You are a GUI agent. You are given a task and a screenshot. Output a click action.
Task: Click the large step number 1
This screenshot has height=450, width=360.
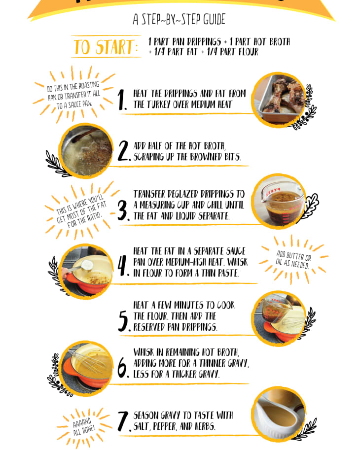pos(122,100)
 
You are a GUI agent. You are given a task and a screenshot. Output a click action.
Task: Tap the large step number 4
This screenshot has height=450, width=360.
pos(123,266)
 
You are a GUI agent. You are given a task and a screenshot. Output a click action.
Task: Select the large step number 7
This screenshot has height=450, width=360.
pos(124,421)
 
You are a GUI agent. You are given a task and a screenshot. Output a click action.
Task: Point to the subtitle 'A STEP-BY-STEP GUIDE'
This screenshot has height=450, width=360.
pos(179,19)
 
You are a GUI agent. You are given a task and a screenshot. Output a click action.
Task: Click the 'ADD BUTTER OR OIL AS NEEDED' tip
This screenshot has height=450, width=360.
pos(293,259)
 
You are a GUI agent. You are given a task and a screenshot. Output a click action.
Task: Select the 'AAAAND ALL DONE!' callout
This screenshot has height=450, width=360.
pos(83,427)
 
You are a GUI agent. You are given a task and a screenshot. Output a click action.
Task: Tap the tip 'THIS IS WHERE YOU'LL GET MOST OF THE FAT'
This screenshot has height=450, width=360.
pos(82,211)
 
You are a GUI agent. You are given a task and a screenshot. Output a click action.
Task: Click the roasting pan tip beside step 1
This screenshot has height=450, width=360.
pos(74,95)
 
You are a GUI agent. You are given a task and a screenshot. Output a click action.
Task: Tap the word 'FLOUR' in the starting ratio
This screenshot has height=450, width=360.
pos(249,52)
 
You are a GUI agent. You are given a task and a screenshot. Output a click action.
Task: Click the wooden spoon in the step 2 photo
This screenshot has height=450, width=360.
pos(83,135)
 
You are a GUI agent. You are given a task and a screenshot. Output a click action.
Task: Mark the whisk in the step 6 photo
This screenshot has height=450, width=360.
pos(88,362)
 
